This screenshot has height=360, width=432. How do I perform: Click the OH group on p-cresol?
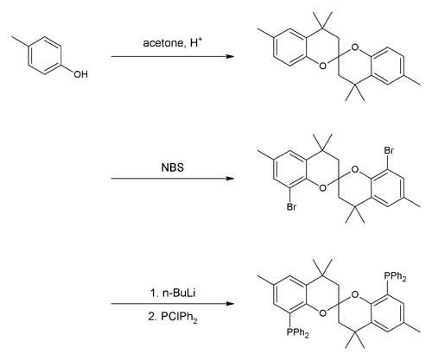point(80,74)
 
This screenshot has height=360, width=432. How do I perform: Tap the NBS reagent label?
point(173,167)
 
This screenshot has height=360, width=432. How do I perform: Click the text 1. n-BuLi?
point(173,293)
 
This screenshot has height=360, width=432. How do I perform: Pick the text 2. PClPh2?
point(173,317)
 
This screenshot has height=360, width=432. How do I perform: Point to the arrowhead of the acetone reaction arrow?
point(230,56)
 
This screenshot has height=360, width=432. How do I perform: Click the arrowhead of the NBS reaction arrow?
point(230,179)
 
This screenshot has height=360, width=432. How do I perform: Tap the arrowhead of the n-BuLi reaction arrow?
point(230,304)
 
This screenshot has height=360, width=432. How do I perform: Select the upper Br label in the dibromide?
point(389,150)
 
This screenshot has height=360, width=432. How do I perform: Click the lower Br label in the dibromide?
point(291,206)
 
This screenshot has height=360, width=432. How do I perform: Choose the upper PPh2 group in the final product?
point(395,276)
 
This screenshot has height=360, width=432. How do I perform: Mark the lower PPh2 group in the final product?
point(298,332)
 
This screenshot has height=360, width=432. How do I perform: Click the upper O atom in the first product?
point(355,47)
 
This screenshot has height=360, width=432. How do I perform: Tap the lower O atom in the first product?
point(323,66)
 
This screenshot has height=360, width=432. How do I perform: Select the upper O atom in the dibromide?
point(355,169)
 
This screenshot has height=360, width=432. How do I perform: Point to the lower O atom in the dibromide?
point(323,188)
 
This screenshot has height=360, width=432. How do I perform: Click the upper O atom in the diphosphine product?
point(355,294)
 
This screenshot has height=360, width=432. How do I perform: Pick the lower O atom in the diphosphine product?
point(323,313)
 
